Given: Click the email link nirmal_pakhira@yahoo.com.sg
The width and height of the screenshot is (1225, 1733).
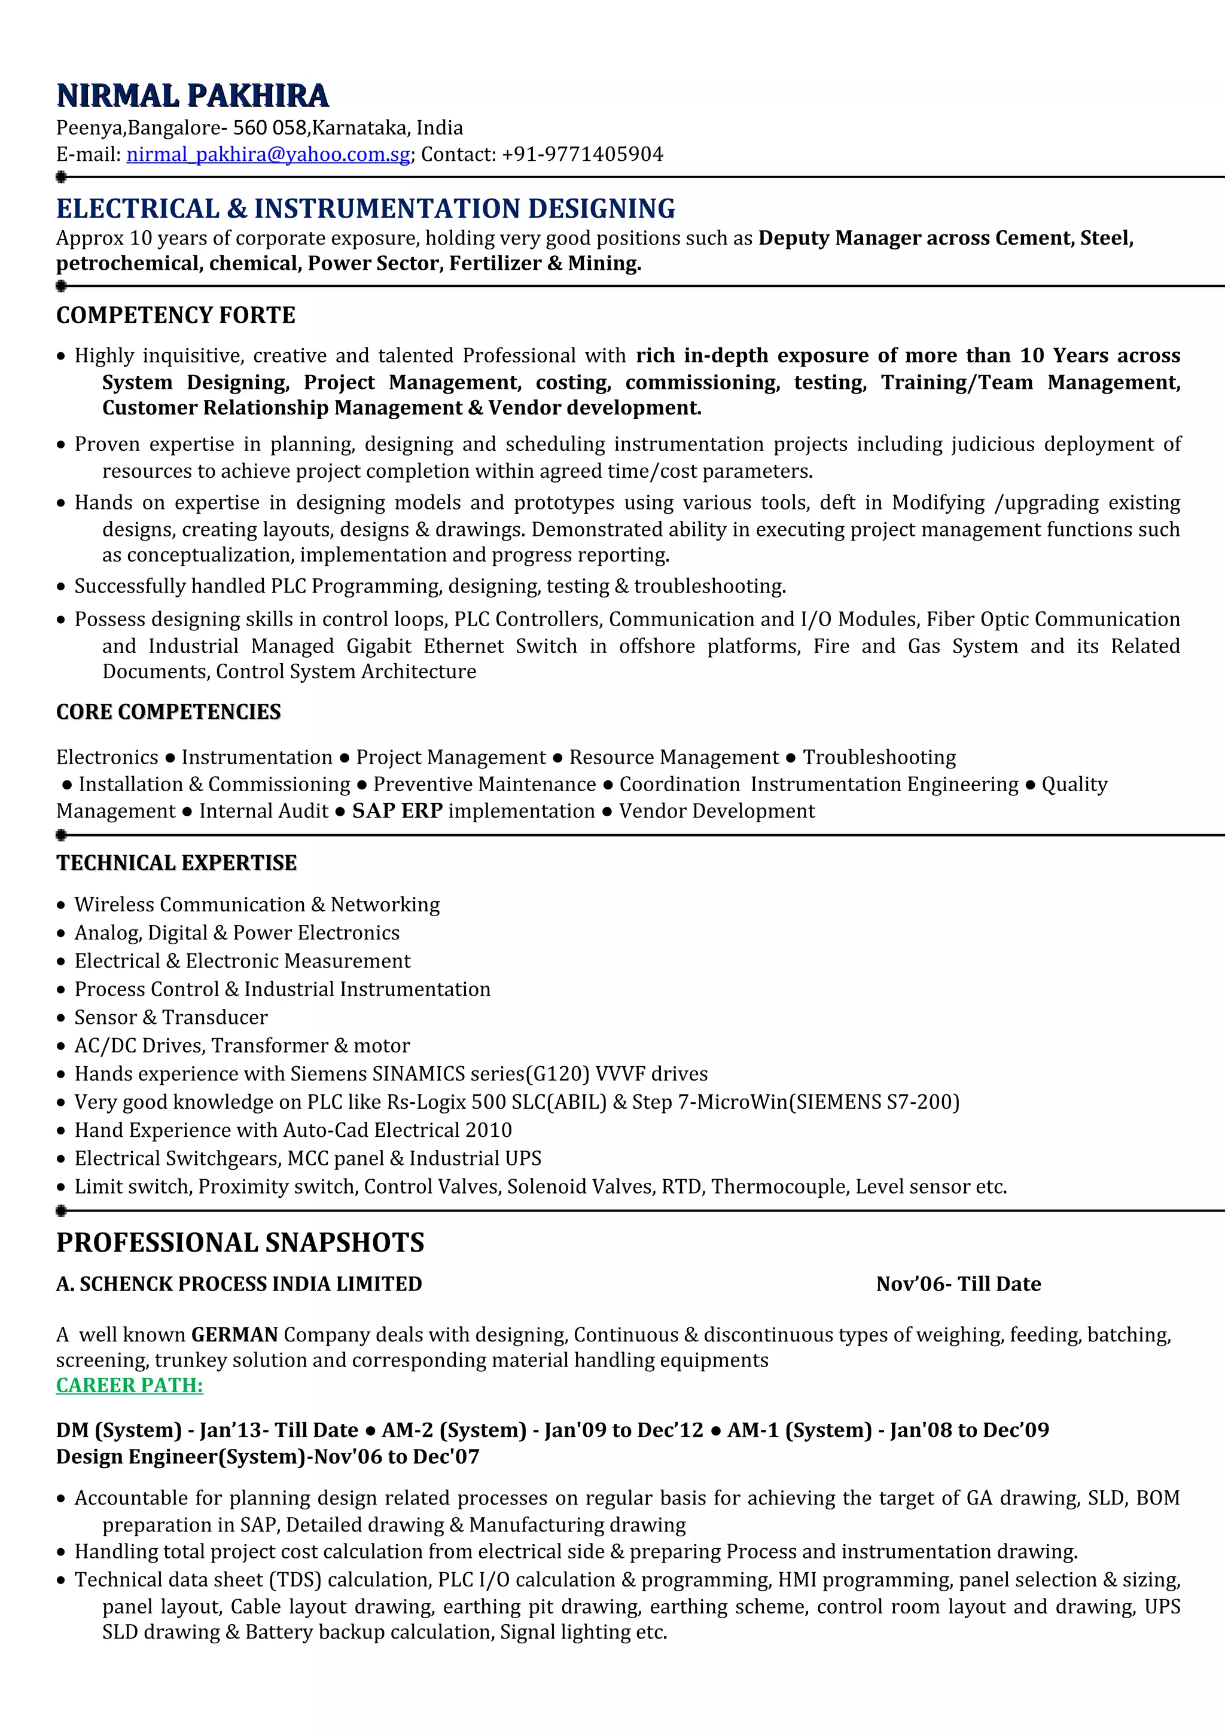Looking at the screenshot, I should [x=268, y=155].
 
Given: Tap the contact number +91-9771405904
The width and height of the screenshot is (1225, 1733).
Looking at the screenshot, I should [x=582, y=155].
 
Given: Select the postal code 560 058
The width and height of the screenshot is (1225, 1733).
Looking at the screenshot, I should [x=269, y=129].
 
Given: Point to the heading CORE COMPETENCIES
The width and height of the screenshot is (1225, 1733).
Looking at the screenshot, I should [x=168, y=712].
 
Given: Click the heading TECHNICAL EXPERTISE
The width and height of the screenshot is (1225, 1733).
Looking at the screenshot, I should [x=176, y=863].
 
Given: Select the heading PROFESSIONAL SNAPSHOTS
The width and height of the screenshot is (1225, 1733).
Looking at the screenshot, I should [x=240, y=1243].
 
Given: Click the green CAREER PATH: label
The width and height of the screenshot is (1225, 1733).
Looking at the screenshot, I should [x=129, y=1385].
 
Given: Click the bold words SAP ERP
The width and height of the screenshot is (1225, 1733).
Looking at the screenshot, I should [x=397, y=811].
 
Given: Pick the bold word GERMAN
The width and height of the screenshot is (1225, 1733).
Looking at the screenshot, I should [x=234, y=1335].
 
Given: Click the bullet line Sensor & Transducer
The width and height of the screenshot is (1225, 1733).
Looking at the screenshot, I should [x=170, y=1017].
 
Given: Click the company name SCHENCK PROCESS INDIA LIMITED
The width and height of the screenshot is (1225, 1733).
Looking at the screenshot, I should [x=251, y=1284].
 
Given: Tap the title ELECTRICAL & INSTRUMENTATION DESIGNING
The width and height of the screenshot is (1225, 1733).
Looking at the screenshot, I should [x=365, y=209].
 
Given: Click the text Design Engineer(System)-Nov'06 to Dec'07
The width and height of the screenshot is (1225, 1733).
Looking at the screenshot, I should [x=267, y=1456].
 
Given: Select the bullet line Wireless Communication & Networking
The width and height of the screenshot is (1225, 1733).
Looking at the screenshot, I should [x=257, y=904].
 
